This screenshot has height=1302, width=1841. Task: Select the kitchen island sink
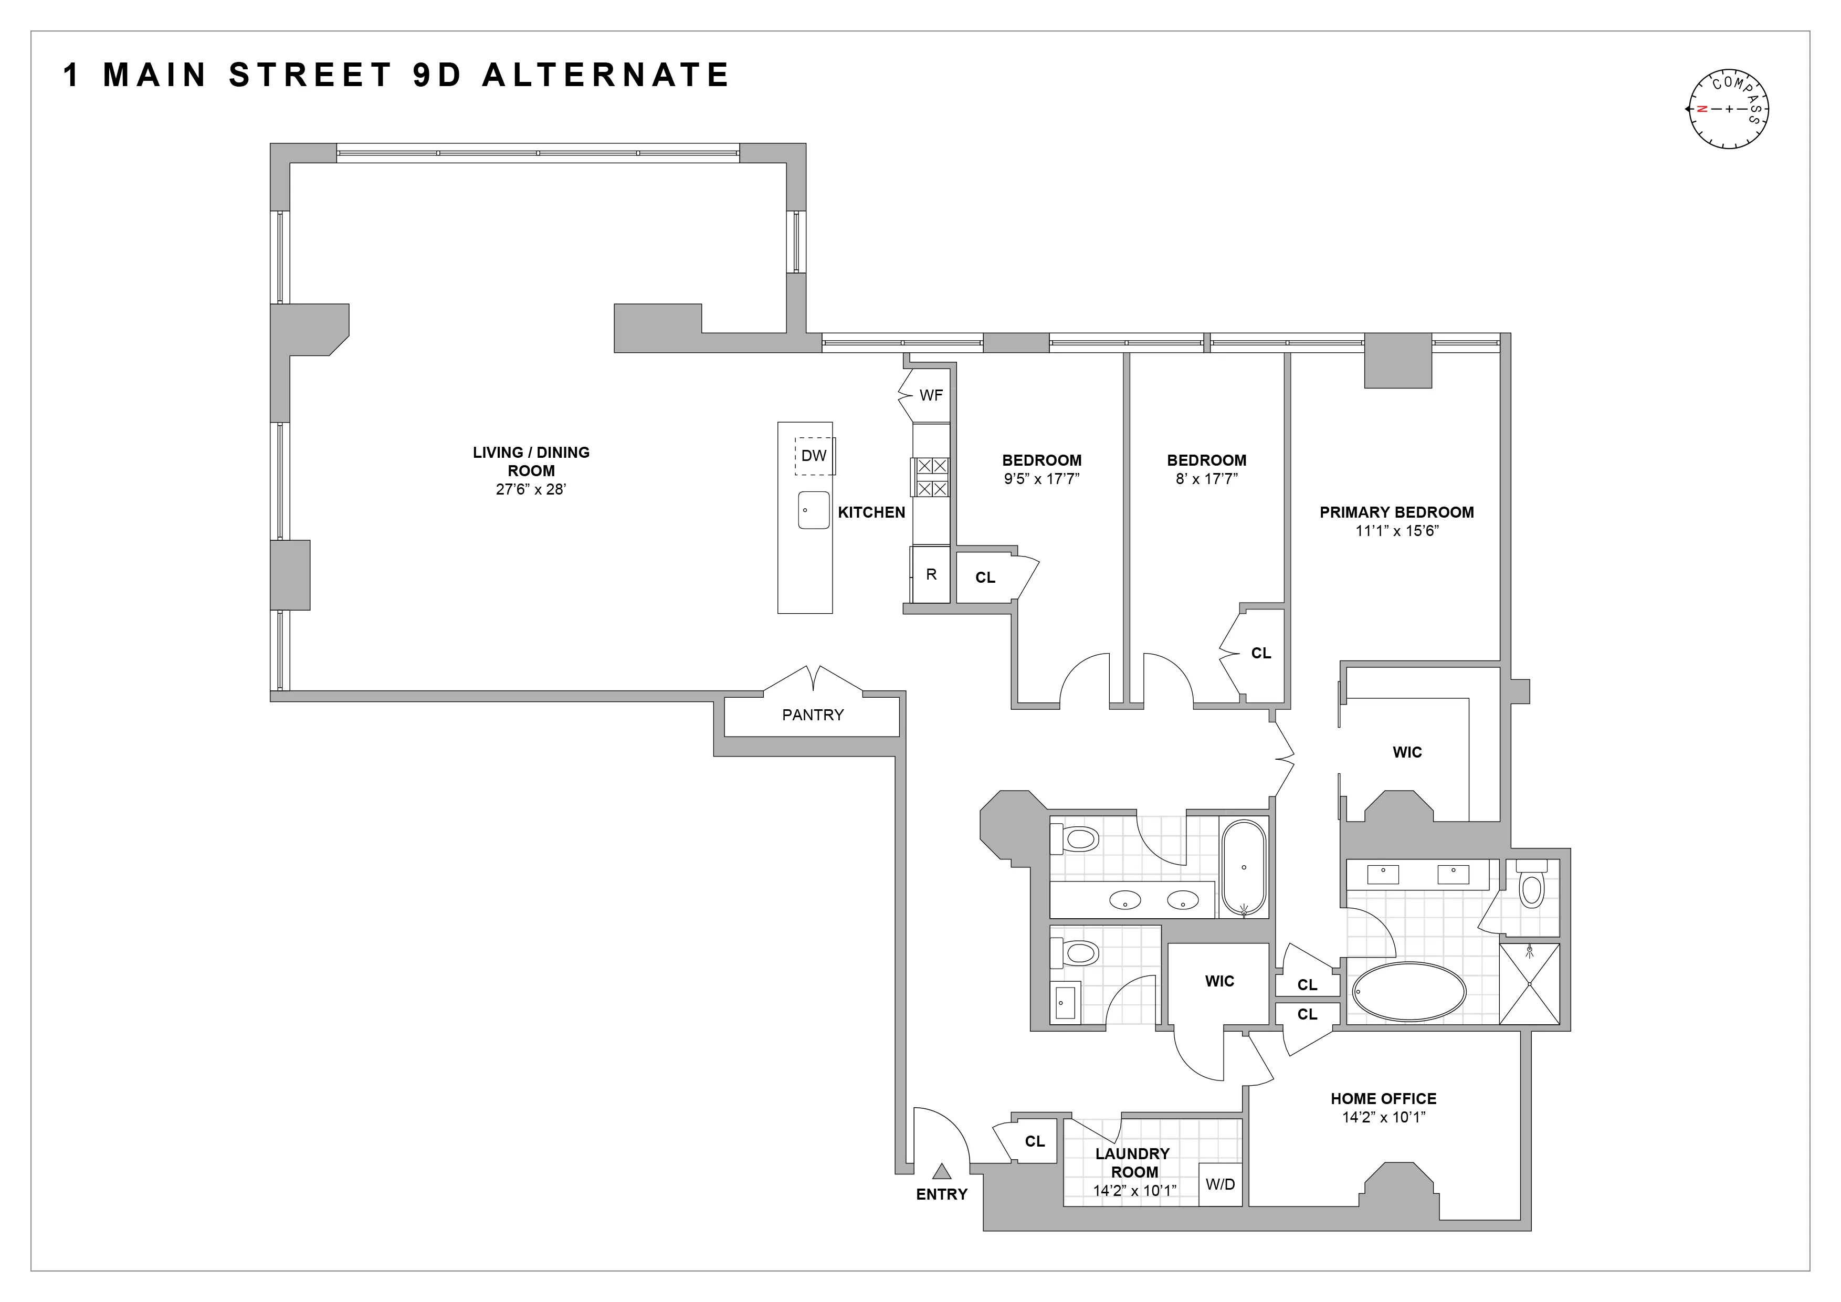click(813, 510)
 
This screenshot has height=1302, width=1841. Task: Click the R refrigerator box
click(931, 574)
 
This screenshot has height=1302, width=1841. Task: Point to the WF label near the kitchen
click(931, 395)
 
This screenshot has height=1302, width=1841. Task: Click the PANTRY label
click(812, 715)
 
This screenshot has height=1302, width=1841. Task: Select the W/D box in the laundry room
click(1219, 1184)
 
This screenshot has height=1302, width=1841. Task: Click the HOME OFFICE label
click(1383, 1098)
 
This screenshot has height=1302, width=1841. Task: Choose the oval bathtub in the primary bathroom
click(1409, 992)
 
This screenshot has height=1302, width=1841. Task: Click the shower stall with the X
click(1529, 984)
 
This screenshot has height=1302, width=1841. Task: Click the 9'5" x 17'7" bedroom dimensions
click(1042, 479)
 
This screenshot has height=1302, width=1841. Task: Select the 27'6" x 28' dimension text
click(531, 489)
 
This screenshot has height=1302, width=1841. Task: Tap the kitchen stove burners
click(930, 477)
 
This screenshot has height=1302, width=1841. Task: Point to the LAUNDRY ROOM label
click(1133, 1162)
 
